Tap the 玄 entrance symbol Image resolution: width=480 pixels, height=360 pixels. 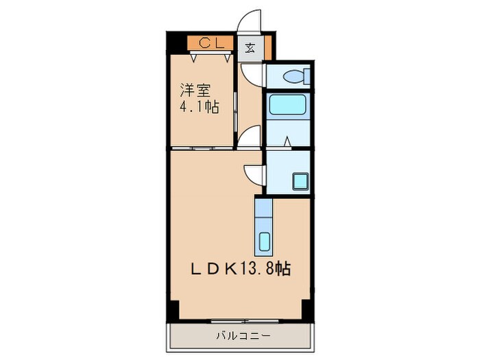pos(251,47)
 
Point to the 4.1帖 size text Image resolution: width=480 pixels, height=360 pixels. pos(200,108)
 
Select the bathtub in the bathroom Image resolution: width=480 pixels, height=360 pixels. pos(288,105)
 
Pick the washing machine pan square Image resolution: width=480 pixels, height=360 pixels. pos(301,182)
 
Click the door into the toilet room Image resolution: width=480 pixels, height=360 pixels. pos(254,74)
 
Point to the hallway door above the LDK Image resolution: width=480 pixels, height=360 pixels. pos(250,136)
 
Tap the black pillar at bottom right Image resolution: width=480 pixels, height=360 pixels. pos(308,309)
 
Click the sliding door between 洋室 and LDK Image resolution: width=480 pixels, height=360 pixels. pos(202,148)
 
